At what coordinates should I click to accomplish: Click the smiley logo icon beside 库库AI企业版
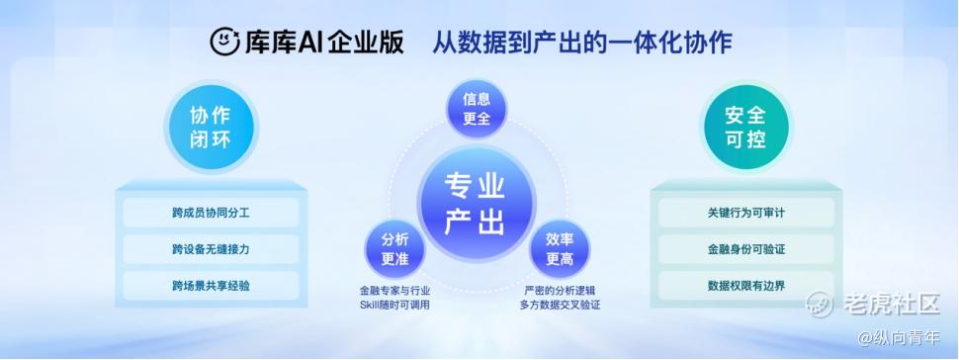pos(225,42)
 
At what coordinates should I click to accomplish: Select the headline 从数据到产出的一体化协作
pos(582,43)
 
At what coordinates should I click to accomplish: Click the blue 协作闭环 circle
pos(211,128)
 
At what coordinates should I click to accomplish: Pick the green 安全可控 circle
pos(746,128)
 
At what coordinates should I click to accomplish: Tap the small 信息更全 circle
pos(477,109)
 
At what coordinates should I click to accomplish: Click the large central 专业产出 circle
pos(476,204)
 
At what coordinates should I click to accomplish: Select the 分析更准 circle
pos(394,249)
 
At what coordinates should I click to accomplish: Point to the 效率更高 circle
pos(559,249)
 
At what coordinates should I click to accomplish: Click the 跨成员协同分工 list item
pos(211,213)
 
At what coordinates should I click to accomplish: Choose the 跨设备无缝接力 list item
pos(211,249)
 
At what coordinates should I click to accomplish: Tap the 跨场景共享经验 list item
pos(211,285)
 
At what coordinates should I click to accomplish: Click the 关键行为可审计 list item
pos(746,213)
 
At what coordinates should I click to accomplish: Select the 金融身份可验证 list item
pos(746,249)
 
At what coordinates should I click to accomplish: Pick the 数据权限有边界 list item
pos(746,285)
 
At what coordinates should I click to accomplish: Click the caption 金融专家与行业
pos(394,291)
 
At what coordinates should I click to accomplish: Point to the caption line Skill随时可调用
pos(394,305)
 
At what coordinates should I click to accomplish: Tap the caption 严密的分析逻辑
pos(560,291)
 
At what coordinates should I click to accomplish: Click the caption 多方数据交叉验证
pos(560,305)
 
